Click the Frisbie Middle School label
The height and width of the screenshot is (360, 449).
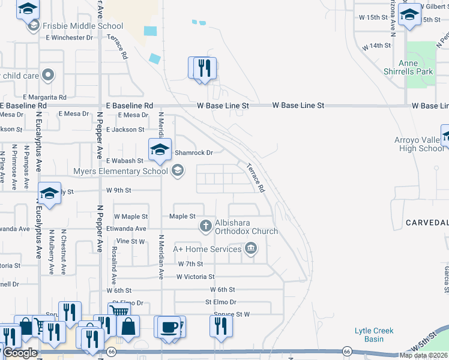tap(83, 26)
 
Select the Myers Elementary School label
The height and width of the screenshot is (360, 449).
tap(121, 172)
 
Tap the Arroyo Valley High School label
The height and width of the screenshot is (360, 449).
tap(420, 145)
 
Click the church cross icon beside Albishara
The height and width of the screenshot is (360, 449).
tap(205, 226)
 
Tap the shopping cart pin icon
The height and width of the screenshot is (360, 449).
tap(119, 312)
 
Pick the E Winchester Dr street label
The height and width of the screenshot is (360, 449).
tap(69, 38)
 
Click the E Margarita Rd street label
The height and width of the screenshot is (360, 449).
tap(44, 97)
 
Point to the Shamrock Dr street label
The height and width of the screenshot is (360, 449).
tap(193, 153)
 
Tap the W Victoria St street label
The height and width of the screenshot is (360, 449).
tap(195, 277)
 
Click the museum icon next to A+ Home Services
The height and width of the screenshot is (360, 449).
tap(251, 248)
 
